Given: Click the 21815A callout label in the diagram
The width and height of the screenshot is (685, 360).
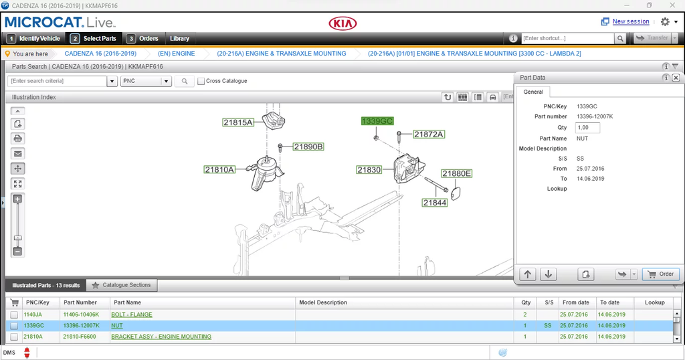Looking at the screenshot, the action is (x=238, y=122).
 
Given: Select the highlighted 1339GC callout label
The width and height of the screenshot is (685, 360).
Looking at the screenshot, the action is (x=377, y=121).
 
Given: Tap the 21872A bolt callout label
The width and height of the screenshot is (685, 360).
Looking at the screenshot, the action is (x=429, y=134).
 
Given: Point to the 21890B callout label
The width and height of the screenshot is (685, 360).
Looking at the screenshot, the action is (x=308, y=147).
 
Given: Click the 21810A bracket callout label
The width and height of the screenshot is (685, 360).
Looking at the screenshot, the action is (x=219, y=169).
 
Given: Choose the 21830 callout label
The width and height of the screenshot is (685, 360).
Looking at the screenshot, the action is (x=369, y=169).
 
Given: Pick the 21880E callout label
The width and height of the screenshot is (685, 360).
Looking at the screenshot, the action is (x=456, y=173).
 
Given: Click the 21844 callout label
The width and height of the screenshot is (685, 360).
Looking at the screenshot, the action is (x=435, y=203).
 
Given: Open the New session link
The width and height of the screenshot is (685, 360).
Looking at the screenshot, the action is (x=631, y=21).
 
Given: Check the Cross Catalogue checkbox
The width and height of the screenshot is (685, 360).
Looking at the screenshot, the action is (x=201, y=81).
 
